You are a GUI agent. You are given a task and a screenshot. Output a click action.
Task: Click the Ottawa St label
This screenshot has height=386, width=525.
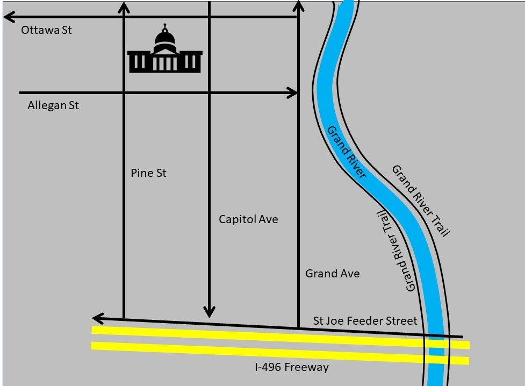[46, 30]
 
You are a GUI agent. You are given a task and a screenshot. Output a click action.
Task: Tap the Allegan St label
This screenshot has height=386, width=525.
[53, 105]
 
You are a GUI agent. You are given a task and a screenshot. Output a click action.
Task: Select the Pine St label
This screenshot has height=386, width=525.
[148, 173]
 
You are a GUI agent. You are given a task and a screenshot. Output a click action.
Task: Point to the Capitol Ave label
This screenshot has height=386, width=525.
[248, 219]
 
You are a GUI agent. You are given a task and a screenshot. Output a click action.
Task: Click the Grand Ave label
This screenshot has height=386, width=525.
[332, 274]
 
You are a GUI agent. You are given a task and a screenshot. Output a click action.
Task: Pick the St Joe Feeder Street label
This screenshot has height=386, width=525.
[365, 321]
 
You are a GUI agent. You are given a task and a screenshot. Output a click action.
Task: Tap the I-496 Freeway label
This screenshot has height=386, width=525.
[291, 368]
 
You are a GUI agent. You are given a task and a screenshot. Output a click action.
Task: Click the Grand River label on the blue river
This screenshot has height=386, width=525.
[347, 152]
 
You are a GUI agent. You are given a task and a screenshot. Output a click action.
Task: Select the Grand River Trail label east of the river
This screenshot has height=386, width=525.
[420, 201]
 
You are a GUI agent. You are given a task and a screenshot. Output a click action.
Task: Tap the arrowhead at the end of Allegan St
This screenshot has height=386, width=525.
[293, 93]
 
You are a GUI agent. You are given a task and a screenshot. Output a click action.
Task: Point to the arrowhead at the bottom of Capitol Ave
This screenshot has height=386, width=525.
[209, 312]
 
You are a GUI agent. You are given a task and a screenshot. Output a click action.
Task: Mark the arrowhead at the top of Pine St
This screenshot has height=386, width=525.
[124, 6]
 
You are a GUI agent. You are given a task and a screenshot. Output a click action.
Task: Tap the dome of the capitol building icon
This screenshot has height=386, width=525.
[165, 39]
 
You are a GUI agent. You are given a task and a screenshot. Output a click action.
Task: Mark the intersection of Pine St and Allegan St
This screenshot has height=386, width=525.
[124, 93]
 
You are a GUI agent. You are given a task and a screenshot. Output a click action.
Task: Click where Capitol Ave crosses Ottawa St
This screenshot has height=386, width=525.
[209, 17]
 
